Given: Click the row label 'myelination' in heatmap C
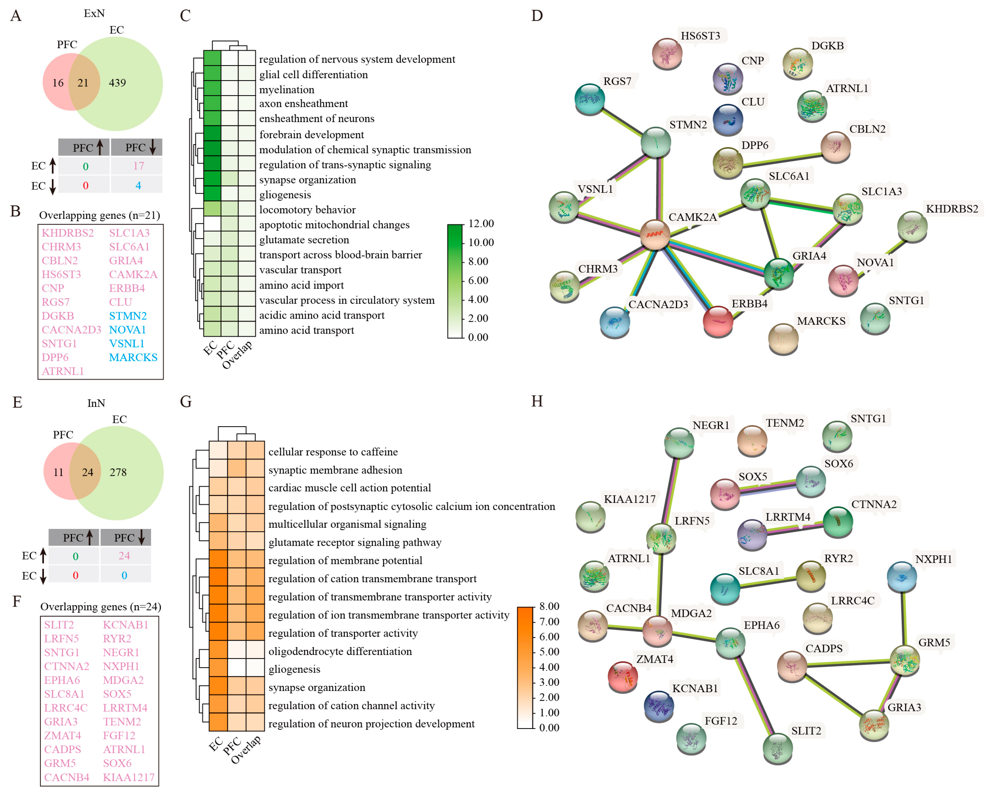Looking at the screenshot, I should click(287, 89).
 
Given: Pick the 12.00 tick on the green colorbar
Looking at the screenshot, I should click(481, 224).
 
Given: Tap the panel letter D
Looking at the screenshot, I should click(537, 16).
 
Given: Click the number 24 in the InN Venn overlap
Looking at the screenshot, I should click(87, 472).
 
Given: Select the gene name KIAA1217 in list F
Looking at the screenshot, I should click(128, 777).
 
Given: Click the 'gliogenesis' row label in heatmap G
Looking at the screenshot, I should click(294, 669).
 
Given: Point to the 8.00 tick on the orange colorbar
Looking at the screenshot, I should click(549, 607).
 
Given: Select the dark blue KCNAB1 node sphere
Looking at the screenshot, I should click(659, 705).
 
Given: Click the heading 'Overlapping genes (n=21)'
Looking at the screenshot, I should click(99, 215).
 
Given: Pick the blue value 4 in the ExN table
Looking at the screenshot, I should click(138, 186).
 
